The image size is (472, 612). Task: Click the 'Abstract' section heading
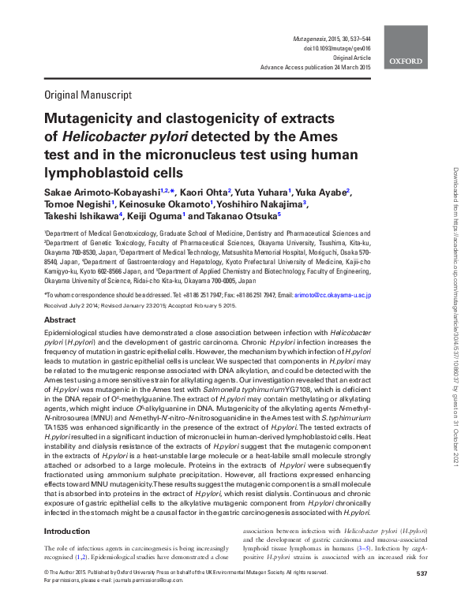[x=59, y=320]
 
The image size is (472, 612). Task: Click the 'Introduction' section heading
[x=68, y=532]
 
